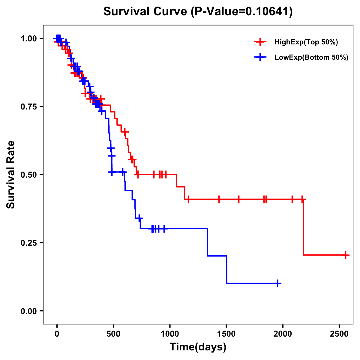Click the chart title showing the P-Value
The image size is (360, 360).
(198, 11)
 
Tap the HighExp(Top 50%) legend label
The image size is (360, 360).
(306, 42)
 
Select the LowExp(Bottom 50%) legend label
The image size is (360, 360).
(311, 58)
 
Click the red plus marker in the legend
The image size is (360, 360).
(260, 42)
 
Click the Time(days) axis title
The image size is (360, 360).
(198, 347)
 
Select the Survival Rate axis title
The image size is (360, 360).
(11, 175)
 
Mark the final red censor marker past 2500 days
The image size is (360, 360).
(346, 255)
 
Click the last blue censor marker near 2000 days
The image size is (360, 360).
(278, 283)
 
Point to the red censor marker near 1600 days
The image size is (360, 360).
(238, 199)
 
